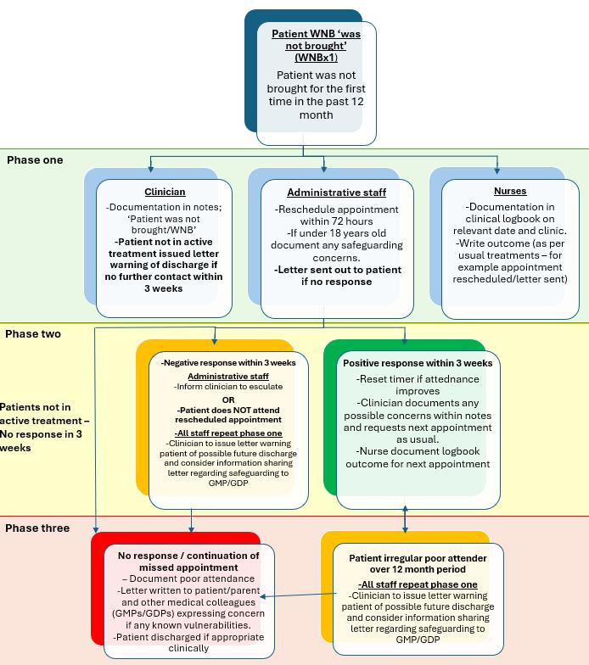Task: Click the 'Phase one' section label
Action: pos(35,159)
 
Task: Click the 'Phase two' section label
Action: pos(33,333)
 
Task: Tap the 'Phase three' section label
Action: pos(38,528)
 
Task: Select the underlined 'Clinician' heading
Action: pos(165,192)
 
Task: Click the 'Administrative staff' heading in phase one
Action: pos(323,193)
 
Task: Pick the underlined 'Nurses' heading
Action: pos(509,191)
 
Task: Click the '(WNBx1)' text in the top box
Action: pos(316,58)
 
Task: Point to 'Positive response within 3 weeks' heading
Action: pos(418,363)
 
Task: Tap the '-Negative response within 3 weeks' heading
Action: pos(228,362)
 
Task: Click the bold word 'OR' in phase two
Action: pos(228,400)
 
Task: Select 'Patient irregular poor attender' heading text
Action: pos(418,558)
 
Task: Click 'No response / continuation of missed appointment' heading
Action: pos(189,562)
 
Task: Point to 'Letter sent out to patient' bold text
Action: pos(323,270)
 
